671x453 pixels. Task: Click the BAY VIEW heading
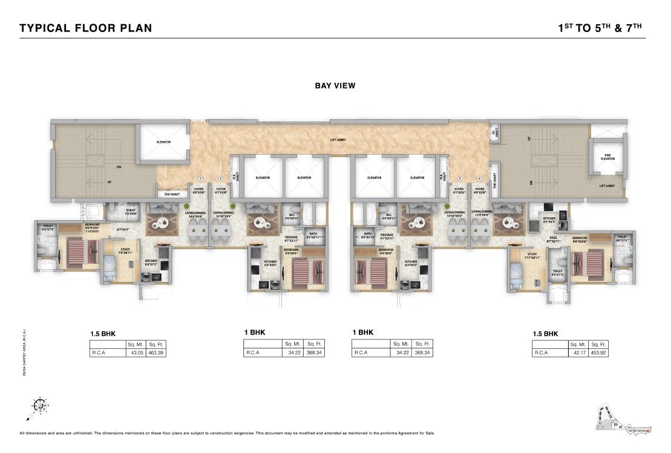point(335,86)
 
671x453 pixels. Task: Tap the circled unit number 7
point(200,178)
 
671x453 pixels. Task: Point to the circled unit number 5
point(460,178)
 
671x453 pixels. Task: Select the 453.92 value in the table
point(599,352)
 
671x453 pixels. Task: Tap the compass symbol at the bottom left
point(40,406)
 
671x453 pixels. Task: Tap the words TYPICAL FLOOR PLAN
point(85,28)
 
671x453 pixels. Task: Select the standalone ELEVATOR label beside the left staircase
point(163,142)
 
